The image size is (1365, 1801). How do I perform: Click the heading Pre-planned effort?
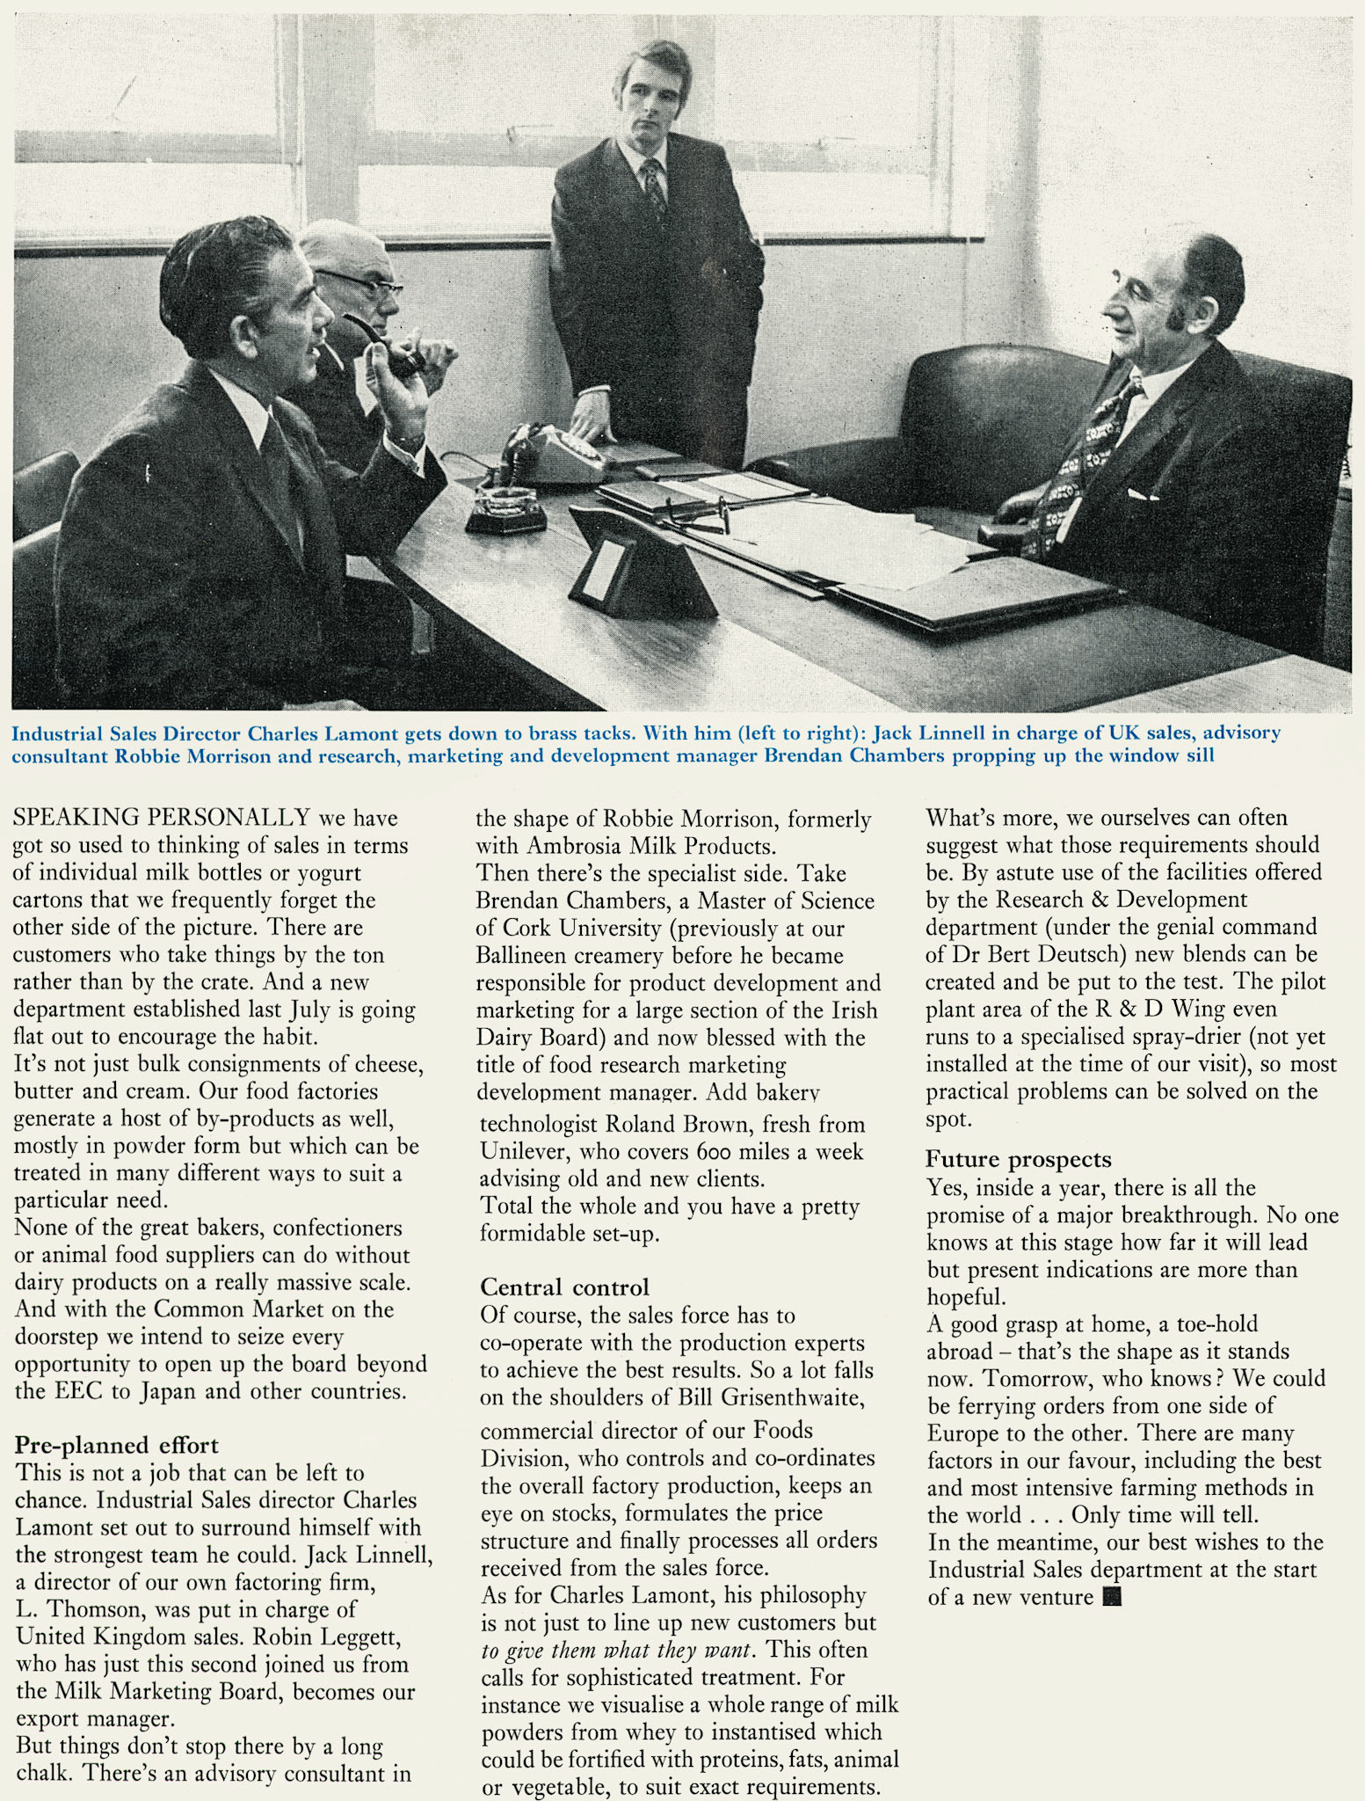click(x=117, y=1445)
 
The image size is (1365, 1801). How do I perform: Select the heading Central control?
click(x=564, y=1287)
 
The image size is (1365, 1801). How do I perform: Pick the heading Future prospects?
click(x=1018, y=1159)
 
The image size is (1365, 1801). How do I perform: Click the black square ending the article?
click(x=1112, y=1596)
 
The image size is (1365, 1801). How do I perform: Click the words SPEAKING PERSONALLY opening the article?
click(x=162, y=817)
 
